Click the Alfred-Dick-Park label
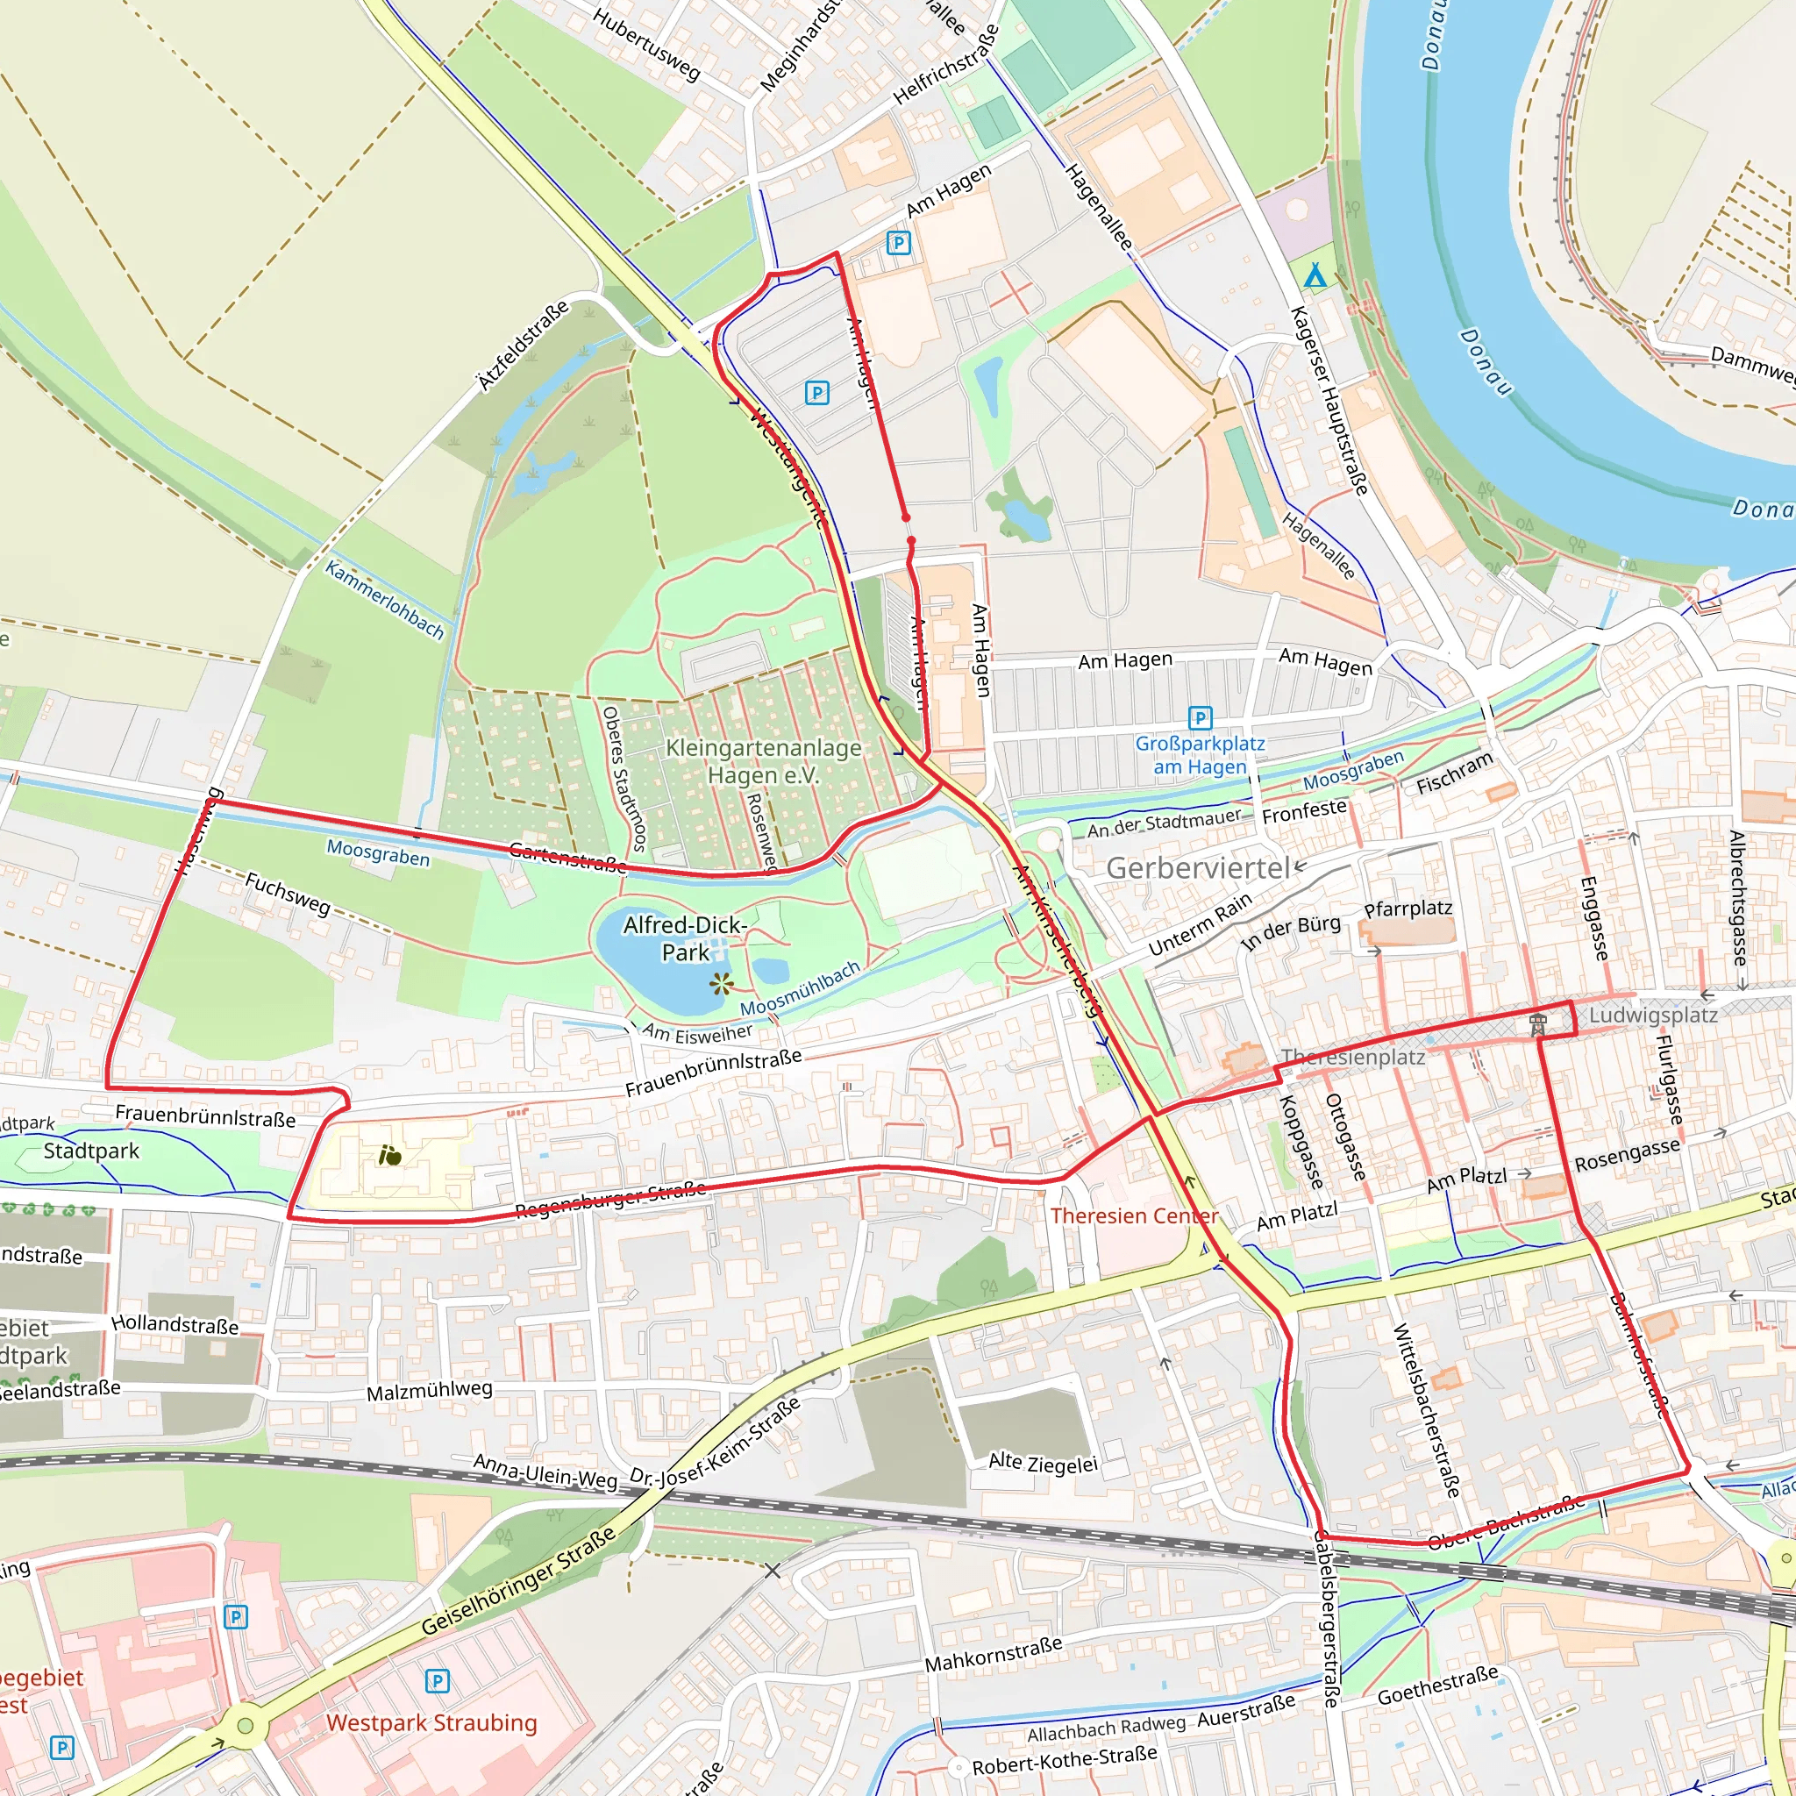[x=685, y=938]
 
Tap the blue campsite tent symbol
[x=1315, y=275]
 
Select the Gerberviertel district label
[x=1198, y=868]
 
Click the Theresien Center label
[x=1134, y=1216]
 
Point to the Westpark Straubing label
[x=431, y=1722]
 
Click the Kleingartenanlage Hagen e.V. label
[x=763, y=761]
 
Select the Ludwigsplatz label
[x=1652, y=1016]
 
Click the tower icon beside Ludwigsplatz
[x=1538, y=1025]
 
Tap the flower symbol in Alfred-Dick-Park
[x=722, y=984]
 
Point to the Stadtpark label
[x=91, y=1151]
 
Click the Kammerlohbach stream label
[x=384, y=600]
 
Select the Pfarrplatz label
[x=1408, y=909]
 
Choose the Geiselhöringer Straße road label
[x=519, y=1580]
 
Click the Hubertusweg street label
[x=646, y=44]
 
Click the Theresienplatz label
[x=1352, y=1057]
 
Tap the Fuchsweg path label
[x=288, y=893]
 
